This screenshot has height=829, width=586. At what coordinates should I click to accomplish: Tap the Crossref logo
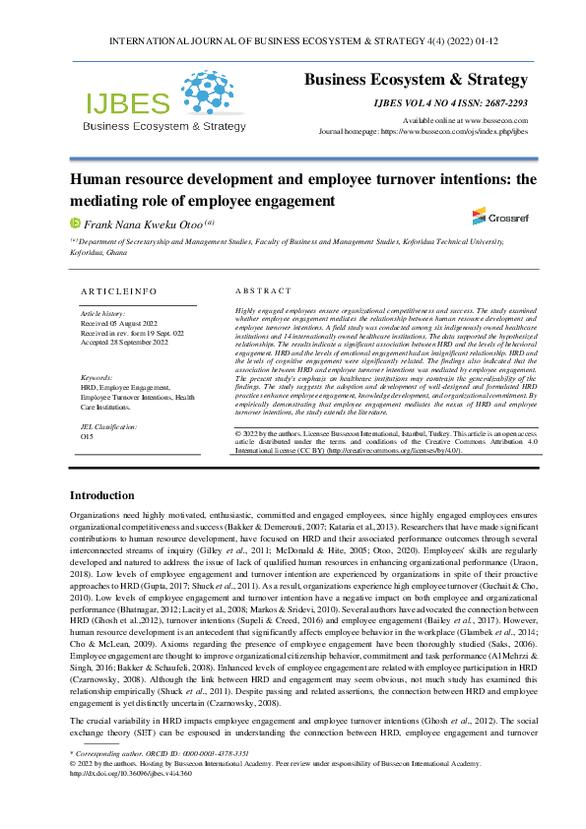(x=480, y=216)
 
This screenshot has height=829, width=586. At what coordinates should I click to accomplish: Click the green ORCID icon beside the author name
(x=74, y=223)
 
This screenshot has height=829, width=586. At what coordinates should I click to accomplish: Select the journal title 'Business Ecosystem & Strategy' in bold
(x=416, y=80)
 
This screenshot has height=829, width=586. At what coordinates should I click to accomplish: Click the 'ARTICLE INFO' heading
(x=119, y=291)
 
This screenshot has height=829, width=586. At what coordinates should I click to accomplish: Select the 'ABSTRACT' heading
(x=263, y=291)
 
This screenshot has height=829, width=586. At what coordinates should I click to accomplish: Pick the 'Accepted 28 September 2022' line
(x=124, y=342)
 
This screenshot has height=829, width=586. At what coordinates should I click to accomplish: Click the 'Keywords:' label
(x=98, y=377)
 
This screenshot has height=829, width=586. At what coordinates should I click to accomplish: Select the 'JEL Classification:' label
(x=109, y=426)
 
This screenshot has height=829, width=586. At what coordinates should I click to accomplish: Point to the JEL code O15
(x=87, y=436)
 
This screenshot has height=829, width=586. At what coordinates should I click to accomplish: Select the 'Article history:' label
(x=103, y=312)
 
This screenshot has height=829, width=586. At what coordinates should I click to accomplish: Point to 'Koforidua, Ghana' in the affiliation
(x=98, y=252)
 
